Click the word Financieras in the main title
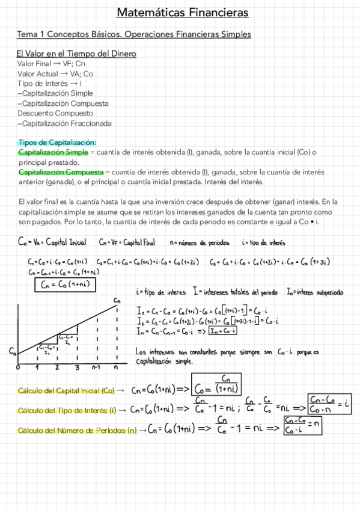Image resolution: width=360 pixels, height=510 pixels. tap(210, 13)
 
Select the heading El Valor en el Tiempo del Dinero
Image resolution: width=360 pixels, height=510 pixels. tap(76, 54)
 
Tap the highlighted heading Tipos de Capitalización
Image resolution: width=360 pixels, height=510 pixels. tap(57, 143)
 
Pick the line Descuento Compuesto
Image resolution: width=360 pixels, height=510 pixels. tap(55, 113)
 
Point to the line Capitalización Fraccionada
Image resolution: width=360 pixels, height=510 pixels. tap(65, 123)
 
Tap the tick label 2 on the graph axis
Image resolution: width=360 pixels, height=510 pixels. tap(57, 367)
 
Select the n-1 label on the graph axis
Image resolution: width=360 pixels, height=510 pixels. tap(96, 367)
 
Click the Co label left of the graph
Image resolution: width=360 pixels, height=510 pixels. tap(13, 351)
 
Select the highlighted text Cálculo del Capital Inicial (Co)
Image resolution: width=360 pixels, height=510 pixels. tap(66, 390)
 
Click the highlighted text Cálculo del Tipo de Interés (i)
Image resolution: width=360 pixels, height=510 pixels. tap(67, 410)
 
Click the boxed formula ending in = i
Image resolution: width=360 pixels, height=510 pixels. tap(328, 406)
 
